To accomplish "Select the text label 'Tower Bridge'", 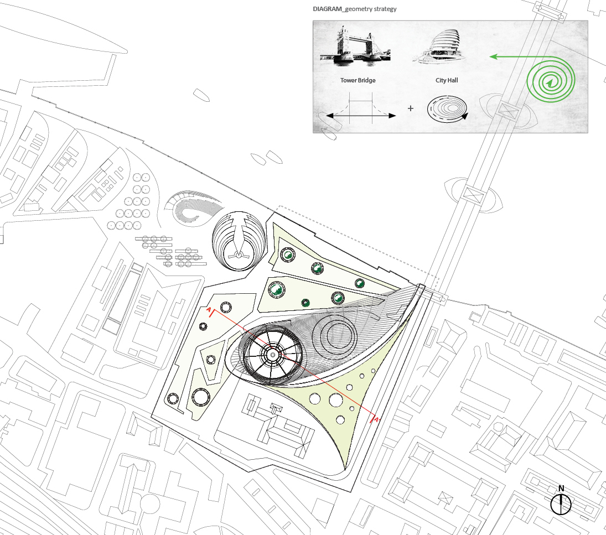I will (x=358, y=81).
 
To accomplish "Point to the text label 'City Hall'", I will (x=447, y=81).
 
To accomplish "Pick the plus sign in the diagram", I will (x=411, y=108).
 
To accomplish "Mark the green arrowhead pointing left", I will (x=493, y=56).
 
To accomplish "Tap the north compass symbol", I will (x=561, y=504).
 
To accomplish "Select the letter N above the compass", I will (x=561, y=489).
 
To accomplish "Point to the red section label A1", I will (x=377, y=420).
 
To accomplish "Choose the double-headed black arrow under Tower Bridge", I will (x=361, y=116).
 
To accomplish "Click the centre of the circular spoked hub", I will (x=272, y=354).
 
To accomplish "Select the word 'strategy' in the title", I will (x=384, y=9).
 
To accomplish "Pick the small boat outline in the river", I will (x=201, y=95).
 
